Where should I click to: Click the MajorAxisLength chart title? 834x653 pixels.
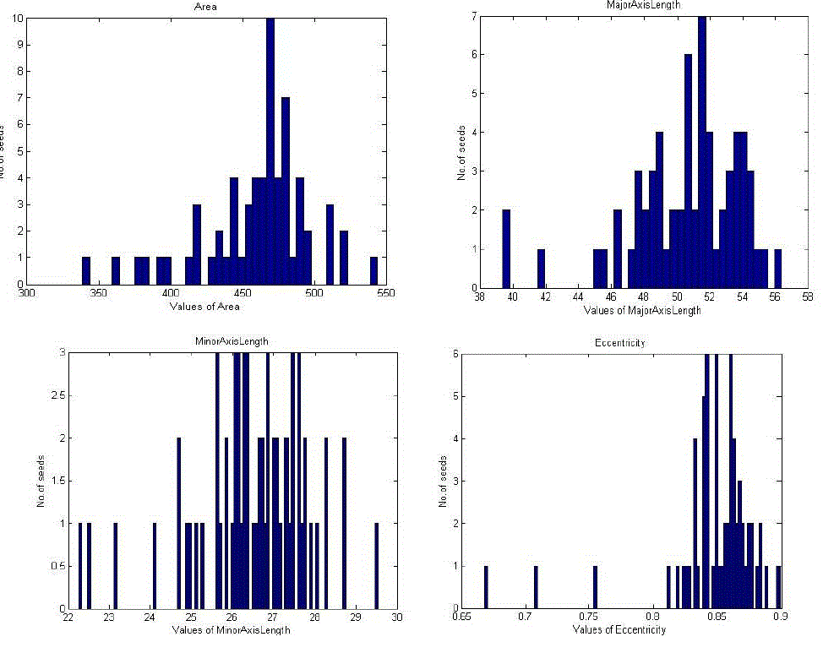click(644, 4)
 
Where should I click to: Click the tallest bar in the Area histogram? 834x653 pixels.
click(270, 152)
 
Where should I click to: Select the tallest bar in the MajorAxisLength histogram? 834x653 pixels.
click(702, 152)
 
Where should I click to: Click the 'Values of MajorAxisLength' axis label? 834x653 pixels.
click(642, 309)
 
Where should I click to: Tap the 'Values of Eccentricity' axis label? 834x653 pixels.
click(619, 629)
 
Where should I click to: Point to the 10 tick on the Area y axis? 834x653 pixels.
click(18, 18)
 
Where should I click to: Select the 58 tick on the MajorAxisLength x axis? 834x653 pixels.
click(808, 297)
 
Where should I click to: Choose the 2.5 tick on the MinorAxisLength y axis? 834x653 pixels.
click(52, 396)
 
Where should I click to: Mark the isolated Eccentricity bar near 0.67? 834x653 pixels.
click(486, 586)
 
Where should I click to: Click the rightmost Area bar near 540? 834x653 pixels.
click(373, 271)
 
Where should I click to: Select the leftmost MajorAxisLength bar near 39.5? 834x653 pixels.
click(507, 248)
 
